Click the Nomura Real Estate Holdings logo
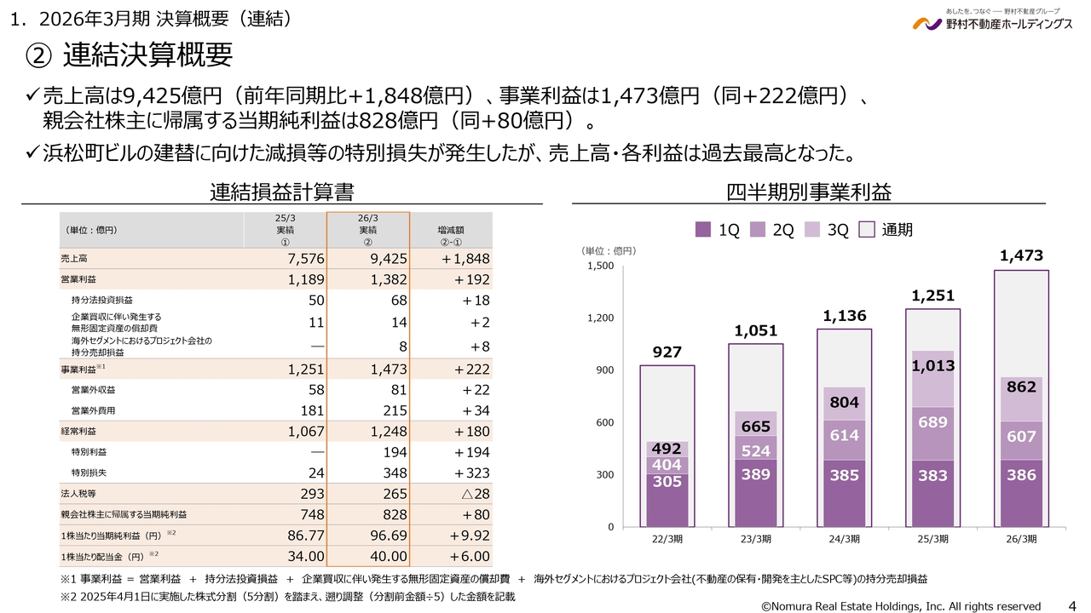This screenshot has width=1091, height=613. (992, 21)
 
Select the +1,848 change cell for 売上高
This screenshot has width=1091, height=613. (465, 258)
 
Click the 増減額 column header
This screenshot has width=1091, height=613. (451, 230)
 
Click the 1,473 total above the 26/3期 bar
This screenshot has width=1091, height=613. (1020, 255)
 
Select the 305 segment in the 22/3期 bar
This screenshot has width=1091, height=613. (667, 480)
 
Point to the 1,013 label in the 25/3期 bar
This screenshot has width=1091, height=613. (932, 365)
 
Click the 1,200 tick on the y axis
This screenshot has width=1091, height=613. (600, 318)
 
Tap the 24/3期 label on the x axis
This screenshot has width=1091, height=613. (844, 539)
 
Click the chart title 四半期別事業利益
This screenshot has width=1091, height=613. (808, 191)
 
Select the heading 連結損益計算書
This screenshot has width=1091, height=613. (281, 191)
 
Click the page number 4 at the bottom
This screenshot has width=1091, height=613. (1071, 605)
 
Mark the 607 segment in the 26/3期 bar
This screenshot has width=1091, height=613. (1020, 436)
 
